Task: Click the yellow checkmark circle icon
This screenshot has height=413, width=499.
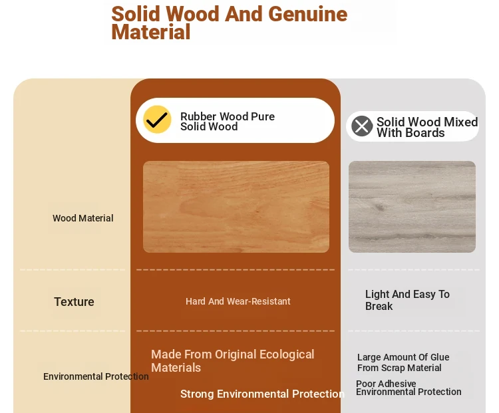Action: coord(157,119)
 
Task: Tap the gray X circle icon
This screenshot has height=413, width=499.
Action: coord(362,126)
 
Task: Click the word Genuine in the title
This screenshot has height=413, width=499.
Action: coord(308,14)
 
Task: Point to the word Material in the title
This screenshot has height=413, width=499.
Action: coord(151,32)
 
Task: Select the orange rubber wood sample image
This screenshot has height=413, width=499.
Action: coord(236,207)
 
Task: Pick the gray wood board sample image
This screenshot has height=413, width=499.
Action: coord(412,207)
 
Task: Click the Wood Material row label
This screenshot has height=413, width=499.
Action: coord(83,218)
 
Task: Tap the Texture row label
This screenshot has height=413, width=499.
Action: coord(74,302)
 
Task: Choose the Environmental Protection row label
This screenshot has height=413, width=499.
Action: coord(96,376)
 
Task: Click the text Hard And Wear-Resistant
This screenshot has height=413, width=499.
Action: coord(238,301)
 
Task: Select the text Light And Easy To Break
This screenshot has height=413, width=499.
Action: coord(407,300)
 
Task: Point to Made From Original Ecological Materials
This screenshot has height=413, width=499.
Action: coord(233,361)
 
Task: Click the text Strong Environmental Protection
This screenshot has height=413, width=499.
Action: coord(263,394)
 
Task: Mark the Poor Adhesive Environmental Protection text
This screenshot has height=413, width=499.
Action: coord(409,388)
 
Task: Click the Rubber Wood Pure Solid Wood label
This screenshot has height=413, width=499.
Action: coord(228,121)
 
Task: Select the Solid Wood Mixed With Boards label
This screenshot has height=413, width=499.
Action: coord(427,127)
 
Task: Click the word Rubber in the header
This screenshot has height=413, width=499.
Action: coord(198,116)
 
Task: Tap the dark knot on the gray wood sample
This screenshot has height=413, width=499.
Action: coord(379,207)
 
